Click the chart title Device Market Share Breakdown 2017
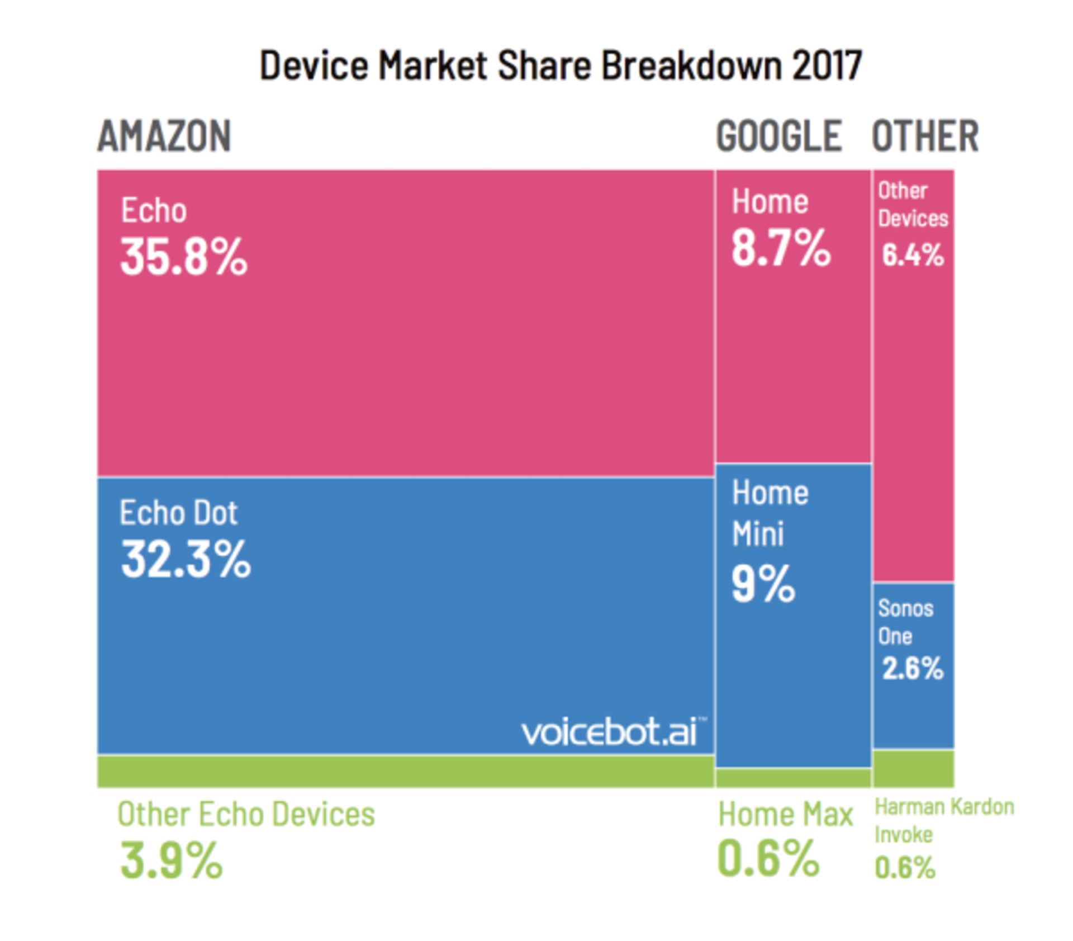coord(561,65)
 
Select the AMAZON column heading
coord(164,136)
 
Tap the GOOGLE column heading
coord(778,136)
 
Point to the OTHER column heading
coord(925,136)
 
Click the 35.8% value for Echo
coord(183,257)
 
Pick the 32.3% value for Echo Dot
coord(186,559)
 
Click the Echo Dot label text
coord(178,512)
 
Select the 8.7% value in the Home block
coord(781,248)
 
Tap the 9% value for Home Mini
coord(763,584)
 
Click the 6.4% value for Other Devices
coord(913,255)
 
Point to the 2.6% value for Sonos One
coord(913,668)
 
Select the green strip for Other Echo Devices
coord(406,772)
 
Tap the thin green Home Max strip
coord(793,778)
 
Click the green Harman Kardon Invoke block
coord(913,769)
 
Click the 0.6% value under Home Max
coord(768,858)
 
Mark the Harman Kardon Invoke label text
coord(943,820)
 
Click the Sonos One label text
coord(905,622)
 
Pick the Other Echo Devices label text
coord(246,814)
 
